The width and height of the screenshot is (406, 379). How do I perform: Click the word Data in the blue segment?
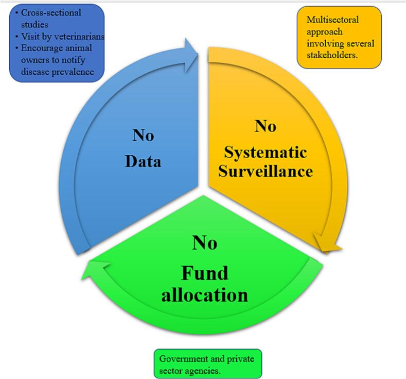[x=143, y=161]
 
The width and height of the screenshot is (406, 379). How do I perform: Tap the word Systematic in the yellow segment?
[x=266, y=153]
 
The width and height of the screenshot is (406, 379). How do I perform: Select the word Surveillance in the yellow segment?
[x=266, y=171]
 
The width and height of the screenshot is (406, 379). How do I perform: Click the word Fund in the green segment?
[x=204, y=273]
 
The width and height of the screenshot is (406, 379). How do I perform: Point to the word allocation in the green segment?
[x=204, y=295]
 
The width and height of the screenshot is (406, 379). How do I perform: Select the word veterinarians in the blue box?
[x=79, y=37]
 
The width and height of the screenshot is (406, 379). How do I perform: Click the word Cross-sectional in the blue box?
[x=51, y=13]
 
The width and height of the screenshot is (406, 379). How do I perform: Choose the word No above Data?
[x=143, y=136]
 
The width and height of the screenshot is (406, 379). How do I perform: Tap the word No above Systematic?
[x=266, y=126]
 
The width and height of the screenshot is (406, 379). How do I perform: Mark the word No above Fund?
[x=204, y=242]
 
